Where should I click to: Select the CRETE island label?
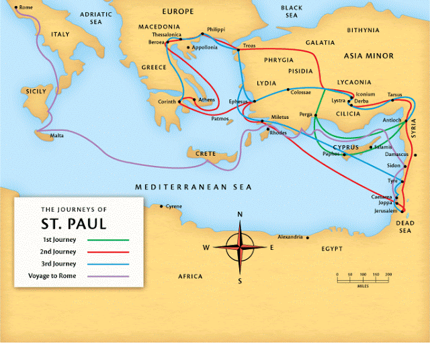pyautogui.click(x=206, y=154)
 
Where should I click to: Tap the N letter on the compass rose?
pyautogui.click(x=240, y=214)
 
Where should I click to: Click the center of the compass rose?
pyautogui.click(x=240, y=246)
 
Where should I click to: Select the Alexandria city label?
pyautogui.click(x=290, y=237)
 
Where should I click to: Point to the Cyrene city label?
pyautogui.click(x=173, y=206)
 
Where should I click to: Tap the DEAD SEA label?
pyautogui.click(x=404, y=226)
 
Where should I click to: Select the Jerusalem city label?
pyautogui.click(x=386, y=211)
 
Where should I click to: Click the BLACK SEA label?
pyautogui.click(x=292, y=11)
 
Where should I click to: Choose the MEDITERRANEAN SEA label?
pyautogui.click(x=193, y=187)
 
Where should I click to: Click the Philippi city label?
pyautogui.click(x=216, y=30)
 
